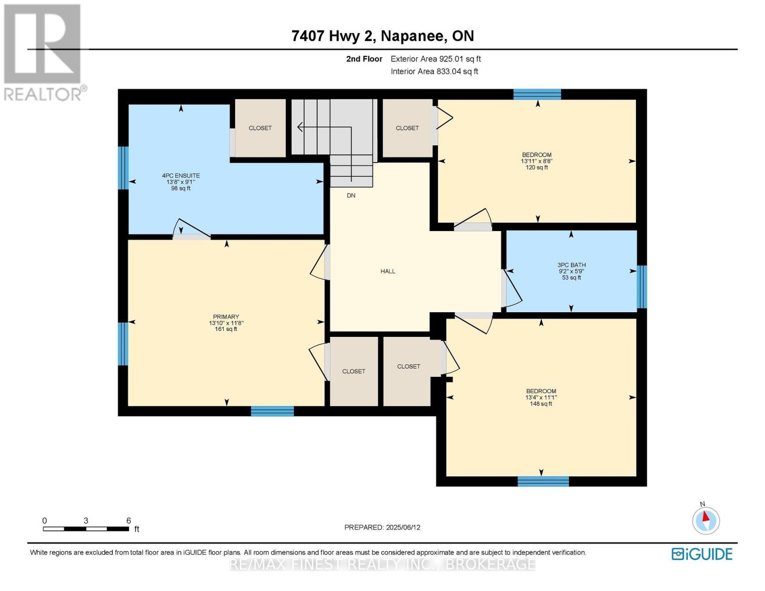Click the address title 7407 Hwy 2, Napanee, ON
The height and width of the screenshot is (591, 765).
click(x=382, y=36)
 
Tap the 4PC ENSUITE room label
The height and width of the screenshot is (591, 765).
click(x=181, y=176)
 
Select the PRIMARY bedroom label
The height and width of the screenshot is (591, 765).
click(x=226, y=317)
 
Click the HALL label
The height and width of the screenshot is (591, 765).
click(x=388, y=271)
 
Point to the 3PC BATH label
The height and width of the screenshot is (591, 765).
click(x=571, y=265)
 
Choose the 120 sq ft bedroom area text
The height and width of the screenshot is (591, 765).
click(x=536, y=167)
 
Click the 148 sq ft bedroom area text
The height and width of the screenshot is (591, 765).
click(x=541, y=404)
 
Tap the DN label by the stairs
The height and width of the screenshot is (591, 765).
click(x=351, y=196)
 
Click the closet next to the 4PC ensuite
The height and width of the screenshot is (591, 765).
click(x=260, y=128)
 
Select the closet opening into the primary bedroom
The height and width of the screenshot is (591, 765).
click(x=354, y=371)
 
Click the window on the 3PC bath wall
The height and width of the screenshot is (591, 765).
click(x=641, y=287)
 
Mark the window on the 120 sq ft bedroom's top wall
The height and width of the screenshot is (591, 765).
click(x=537, y=94)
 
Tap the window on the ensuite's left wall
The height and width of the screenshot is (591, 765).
click(x=123, y=168)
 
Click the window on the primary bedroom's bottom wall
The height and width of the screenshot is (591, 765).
click(x=272, y=411)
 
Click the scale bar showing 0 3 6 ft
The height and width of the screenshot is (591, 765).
click(x=86, y=528)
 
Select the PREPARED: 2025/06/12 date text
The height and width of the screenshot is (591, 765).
click(x=382, y=527)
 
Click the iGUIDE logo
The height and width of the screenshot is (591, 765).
click(x=702, y=554)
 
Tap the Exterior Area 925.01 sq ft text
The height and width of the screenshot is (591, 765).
click(x=435, y=59)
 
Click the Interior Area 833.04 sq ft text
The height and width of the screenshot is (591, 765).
click(x=434, y=71)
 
